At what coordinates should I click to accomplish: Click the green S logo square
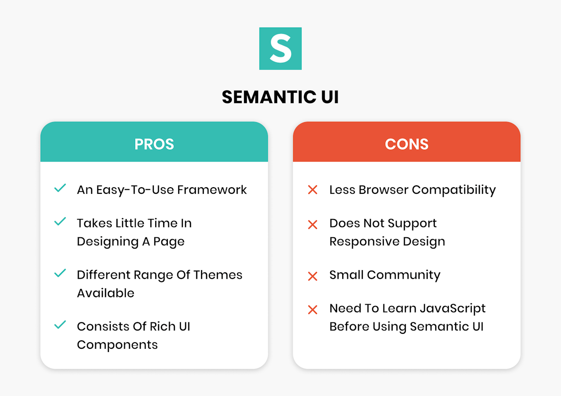coord(280,48)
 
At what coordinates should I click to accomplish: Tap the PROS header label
coord(154,144)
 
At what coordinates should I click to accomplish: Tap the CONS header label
coord(406,144)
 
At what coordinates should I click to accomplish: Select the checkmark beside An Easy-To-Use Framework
coord(60,189)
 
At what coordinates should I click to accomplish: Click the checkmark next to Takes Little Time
coord(60,222)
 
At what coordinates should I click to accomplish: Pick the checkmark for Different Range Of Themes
coord(60,273)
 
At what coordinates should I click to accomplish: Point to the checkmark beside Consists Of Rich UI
coord(60,325)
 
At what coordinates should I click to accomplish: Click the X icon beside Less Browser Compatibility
coord(312,190)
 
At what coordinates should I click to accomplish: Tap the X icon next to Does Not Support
coord(312,225)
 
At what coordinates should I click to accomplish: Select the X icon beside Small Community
coord(312,276)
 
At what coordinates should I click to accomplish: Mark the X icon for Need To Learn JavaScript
coord(312,309)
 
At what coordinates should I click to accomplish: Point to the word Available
coord(106,293)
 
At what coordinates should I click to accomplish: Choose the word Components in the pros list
coord(117,345)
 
